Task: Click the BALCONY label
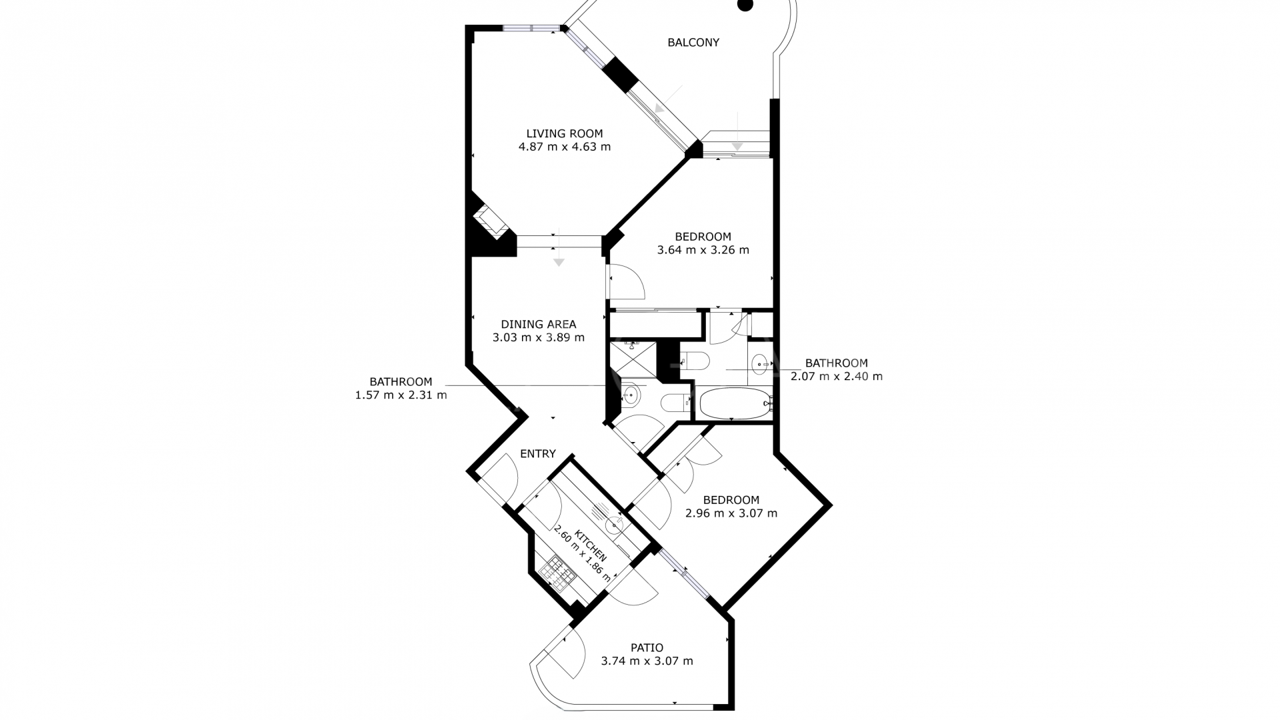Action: pyautogui.click(x=693, y=43)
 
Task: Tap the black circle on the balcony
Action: pyautogui.click(x=745, y=5)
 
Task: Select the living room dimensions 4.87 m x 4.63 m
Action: pyautogui.click(x=564, y=147)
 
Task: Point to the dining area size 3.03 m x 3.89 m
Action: pyautogui.click(x=538, y=337)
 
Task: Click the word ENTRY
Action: pyautogui.click(x=537, y=454)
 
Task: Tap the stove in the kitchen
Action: pyautogui.click(x=557, y=575)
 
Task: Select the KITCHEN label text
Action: pyautogui.click(x=591, y=546)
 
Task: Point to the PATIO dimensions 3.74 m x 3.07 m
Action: pyautogui.click(x=647, y=661)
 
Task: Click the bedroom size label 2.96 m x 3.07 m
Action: pyautogui.click(x=731, y=513)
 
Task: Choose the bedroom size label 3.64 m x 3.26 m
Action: pyautogui.click(x=703, y=250)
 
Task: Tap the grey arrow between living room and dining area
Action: pyautogui.click(x=559, y=261)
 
